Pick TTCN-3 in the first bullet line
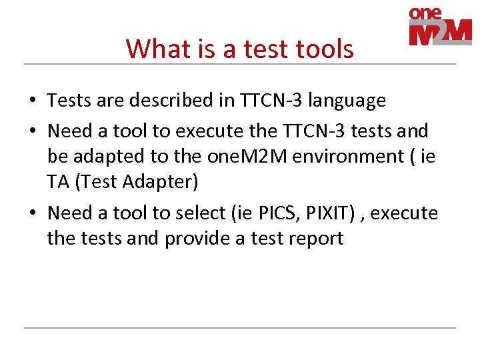pyautogui.click(x=263, y=101)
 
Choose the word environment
pyautogui.click(x=342, y=156)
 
